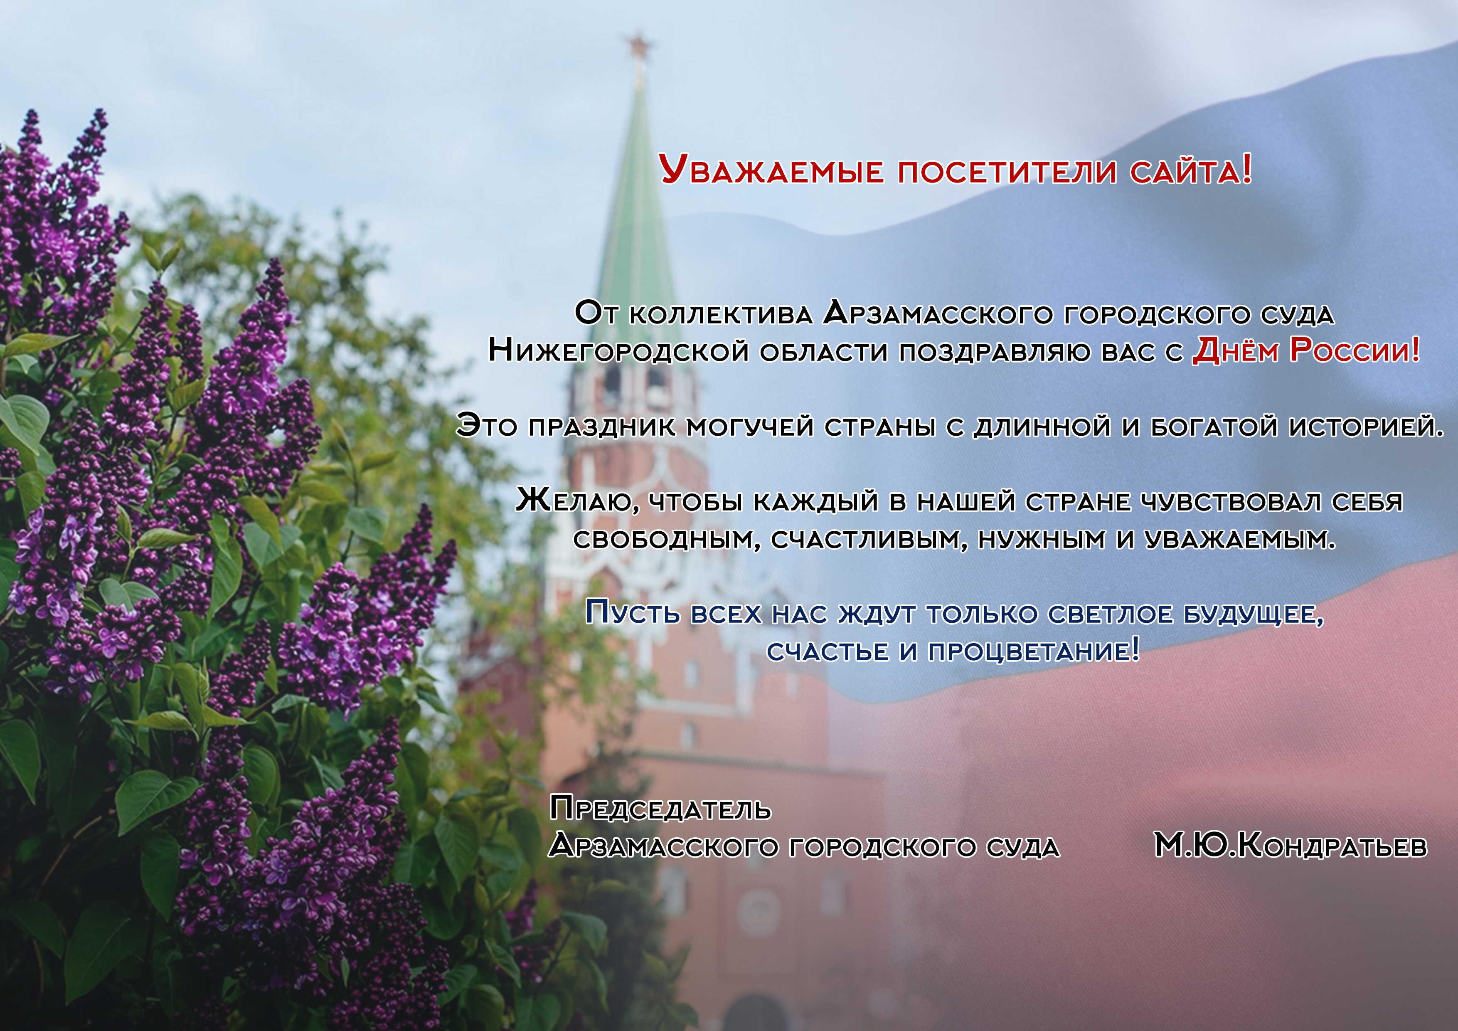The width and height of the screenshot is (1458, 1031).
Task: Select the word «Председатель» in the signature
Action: (x=660, y=809)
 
